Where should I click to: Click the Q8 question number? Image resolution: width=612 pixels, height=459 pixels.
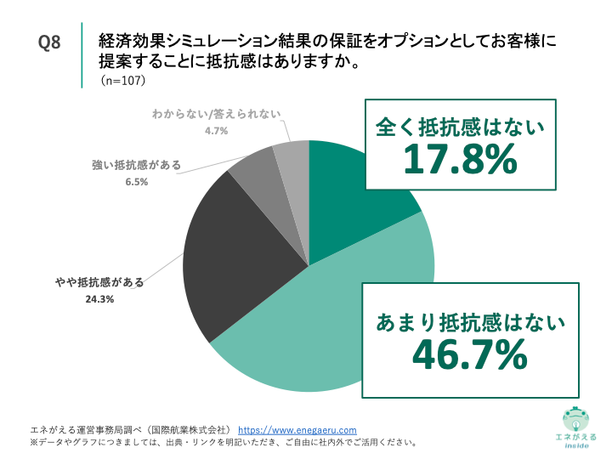pos(50,43)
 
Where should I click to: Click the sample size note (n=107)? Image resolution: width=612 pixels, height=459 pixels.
pos(125,82)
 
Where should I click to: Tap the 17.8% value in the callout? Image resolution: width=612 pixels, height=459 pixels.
pos(460,159)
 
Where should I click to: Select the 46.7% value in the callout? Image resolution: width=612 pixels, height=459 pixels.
pos(469,355)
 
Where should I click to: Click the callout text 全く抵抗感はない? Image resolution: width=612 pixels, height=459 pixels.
pos(460,127)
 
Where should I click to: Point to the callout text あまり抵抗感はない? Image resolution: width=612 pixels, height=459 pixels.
pos(470,322)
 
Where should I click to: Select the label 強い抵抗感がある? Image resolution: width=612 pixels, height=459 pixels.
pos(136,165)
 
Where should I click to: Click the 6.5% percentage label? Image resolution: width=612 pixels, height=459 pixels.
pos(136,181)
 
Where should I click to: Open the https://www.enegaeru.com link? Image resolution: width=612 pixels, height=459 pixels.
pos(297,430)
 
